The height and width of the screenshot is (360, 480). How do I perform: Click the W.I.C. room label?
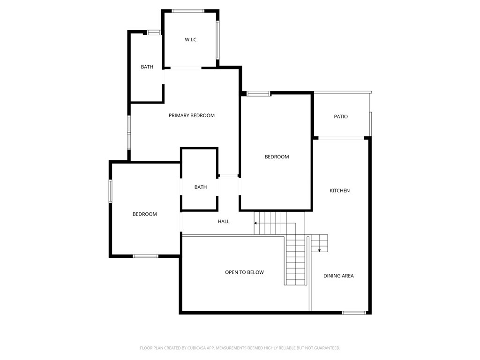pos(191,40)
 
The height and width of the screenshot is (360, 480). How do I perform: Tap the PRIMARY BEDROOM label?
pos(192,115)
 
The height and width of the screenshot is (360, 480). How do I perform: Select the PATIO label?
pos(341,117)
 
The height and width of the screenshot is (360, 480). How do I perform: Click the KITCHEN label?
pos(339,191)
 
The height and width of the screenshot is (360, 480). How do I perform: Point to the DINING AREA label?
pos(338,276)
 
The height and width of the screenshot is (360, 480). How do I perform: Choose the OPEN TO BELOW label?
pos(244,272)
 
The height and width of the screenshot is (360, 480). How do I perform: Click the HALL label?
pos(224,221)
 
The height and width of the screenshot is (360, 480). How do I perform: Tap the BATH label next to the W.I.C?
pos(147,67)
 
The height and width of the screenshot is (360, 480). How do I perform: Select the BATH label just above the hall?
pos(200,187)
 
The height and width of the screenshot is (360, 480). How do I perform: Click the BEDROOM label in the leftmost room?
pos(144,214)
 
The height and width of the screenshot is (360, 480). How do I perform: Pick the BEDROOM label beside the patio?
pos(277,157)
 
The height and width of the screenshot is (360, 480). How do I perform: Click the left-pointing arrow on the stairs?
pos(256,223)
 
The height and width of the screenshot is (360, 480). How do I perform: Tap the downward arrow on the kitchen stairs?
pos(319,250)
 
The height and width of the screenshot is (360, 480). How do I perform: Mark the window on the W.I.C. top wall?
pos(187,11)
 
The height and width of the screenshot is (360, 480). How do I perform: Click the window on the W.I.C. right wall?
pos(218,40)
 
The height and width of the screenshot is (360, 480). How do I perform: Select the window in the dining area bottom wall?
pos(354,313)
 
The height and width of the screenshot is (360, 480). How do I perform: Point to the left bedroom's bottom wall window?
pos(145,256)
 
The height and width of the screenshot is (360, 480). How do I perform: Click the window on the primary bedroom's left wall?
pos(129,132)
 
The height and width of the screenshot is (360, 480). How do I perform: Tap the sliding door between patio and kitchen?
pos(341,138)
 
